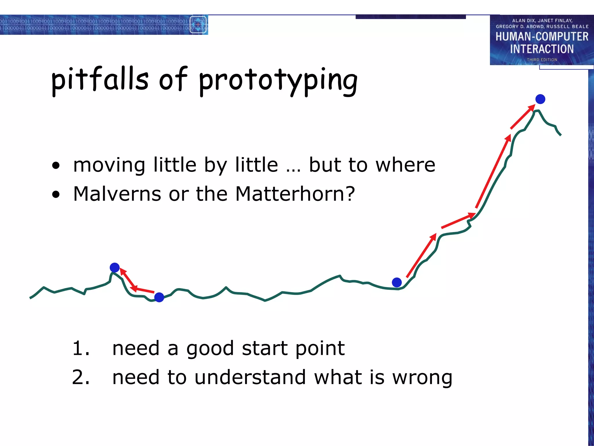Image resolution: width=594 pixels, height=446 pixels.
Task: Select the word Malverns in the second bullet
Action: click(117, 194)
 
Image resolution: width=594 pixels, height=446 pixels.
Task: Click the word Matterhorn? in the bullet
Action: click(295, 194)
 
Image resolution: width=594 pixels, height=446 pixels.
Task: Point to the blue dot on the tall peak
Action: click(540, 99)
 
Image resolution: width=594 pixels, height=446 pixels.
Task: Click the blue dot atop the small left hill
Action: click(115, 267)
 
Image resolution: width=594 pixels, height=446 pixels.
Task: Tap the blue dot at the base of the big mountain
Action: click(396, 282)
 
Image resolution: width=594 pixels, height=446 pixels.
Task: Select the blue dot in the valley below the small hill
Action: click(159, 297)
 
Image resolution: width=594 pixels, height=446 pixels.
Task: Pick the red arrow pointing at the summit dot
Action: click(523, 117)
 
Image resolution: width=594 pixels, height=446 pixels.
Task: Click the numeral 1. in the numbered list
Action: click(81, 348)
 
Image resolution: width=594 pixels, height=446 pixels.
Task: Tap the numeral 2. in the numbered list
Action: click(81, 377)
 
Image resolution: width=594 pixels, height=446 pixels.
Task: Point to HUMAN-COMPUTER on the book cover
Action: click(542, 37)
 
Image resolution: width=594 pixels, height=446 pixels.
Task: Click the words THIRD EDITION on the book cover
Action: click(542, 60)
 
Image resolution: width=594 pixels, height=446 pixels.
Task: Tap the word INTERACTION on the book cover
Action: click(542, 49)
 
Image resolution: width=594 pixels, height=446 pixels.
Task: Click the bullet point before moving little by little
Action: click(56, 166)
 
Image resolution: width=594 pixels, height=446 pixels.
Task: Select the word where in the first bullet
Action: click(405, 165)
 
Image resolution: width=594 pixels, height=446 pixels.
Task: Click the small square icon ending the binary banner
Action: click(198, 25)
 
